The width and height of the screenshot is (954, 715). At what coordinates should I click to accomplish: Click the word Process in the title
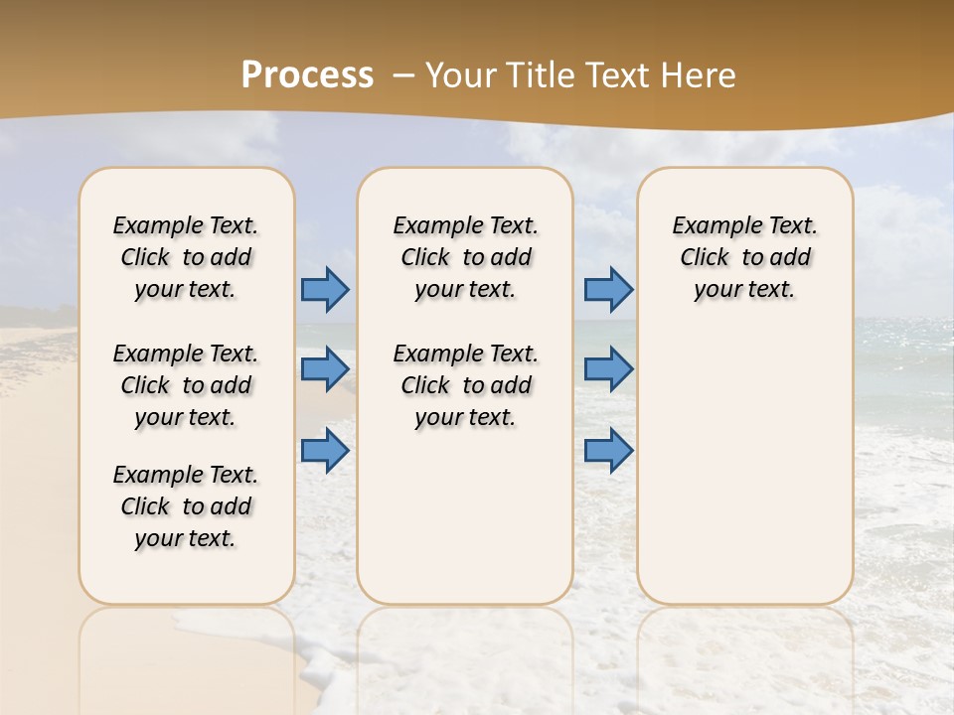click(x=307, y=75)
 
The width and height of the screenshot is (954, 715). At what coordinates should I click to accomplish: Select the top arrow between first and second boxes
click(x=325, y=289)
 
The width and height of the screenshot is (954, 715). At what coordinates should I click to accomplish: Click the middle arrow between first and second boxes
click(x=325, y=369)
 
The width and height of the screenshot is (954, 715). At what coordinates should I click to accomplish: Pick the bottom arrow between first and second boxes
click(x=325, y=451)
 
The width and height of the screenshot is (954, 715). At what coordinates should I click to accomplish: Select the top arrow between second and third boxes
click(x=608, y=289)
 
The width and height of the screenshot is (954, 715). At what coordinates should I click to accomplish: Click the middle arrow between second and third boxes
click(x=608, y=369)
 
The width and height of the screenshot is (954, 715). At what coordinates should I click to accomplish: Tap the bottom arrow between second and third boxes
click(x=608, y=451)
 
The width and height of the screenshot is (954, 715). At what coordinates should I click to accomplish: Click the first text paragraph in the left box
click(x=186, y=257)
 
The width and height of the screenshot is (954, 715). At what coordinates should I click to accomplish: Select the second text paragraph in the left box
click(x=186, y=385)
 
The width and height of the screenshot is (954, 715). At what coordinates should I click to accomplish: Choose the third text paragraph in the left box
click(x=186, y=506)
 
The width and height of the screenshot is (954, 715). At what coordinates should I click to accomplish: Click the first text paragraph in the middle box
click(x=465, y=257)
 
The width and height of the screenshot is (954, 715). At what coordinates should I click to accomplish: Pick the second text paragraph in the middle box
click(x=465, y=385)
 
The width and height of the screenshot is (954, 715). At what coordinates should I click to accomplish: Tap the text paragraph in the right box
click(x=744, y=257)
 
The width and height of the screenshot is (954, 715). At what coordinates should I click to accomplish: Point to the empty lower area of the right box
click(x=744, y=467)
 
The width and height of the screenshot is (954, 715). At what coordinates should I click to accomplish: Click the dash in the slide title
click(x=403, y=75)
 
